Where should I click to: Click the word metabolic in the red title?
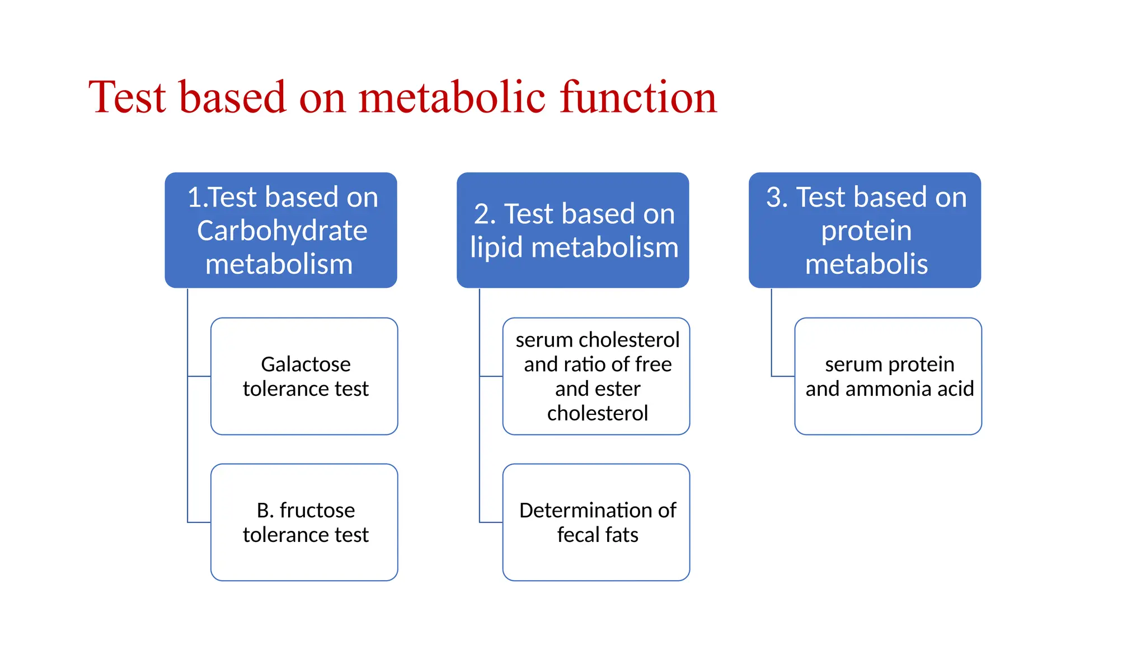click(x=452, y=97)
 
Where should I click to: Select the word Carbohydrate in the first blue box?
click(x=282, y=231)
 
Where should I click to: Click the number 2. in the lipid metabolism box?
click(x=485, y=214)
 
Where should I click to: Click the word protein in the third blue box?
click(x=866, y=231)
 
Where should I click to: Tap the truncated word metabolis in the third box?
click(x=866, y=264)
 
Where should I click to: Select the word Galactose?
click(x=306, y=364)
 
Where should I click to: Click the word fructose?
click(x=317, y=510)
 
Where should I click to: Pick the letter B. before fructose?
click(x=265, y=510)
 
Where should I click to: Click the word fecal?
click(x=577, y=535)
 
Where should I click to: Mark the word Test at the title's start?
click(x=128, y=97)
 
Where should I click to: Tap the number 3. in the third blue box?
click(x=777, y=197)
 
